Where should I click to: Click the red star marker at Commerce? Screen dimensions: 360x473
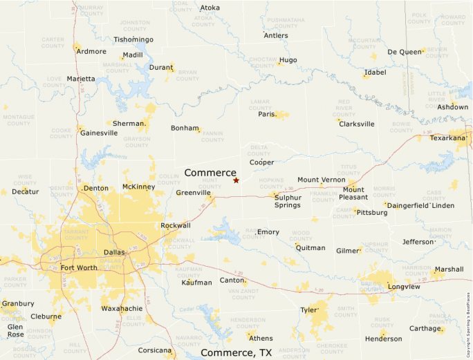(x=236, y=180)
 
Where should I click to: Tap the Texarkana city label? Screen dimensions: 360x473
(x=448, y=138)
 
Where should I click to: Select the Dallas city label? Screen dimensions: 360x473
(x=114, y=252)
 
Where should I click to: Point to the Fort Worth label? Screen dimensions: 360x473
(x=79, y=268)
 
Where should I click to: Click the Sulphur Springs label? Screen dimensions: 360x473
(x=288, y=201)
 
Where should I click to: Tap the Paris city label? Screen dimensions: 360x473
(x=267, y=114)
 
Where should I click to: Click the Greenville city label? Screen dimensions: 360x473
(x=193, y=193)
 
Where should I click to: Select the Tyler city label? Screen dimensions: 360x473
(x=308, y=310)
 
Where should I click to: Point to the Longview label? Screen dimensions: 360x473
(x=404, y=286)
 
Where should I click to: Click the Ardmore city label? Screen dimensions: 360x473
(x=92, y=51)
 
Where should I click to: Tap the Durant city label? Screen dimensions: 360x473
(x=160, y=68)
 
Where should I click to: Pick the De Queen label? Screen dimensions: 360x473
(x=403, y=52)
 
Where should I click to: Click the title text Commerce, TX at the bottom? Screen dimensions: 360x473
(x=236, y=352)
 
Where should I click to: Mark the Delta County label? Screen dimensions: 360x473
(x=259, y=150)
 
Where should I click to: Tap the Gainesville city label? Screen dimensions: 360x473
(x=99, y=133)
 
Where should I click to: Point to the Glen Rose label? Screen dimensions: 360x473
(x=15, y=330)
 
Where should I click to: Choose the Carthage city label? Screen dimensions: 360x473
(x=425, y=328)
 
